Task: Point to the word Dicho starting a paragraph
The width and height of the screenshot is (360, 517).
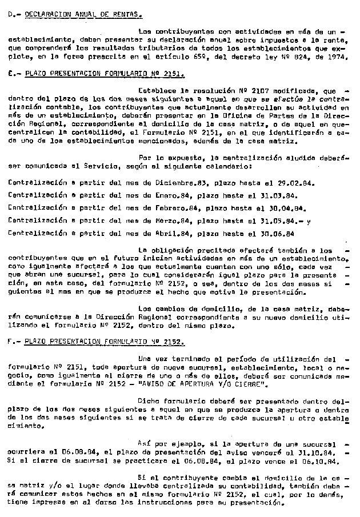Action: (150, 400)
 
